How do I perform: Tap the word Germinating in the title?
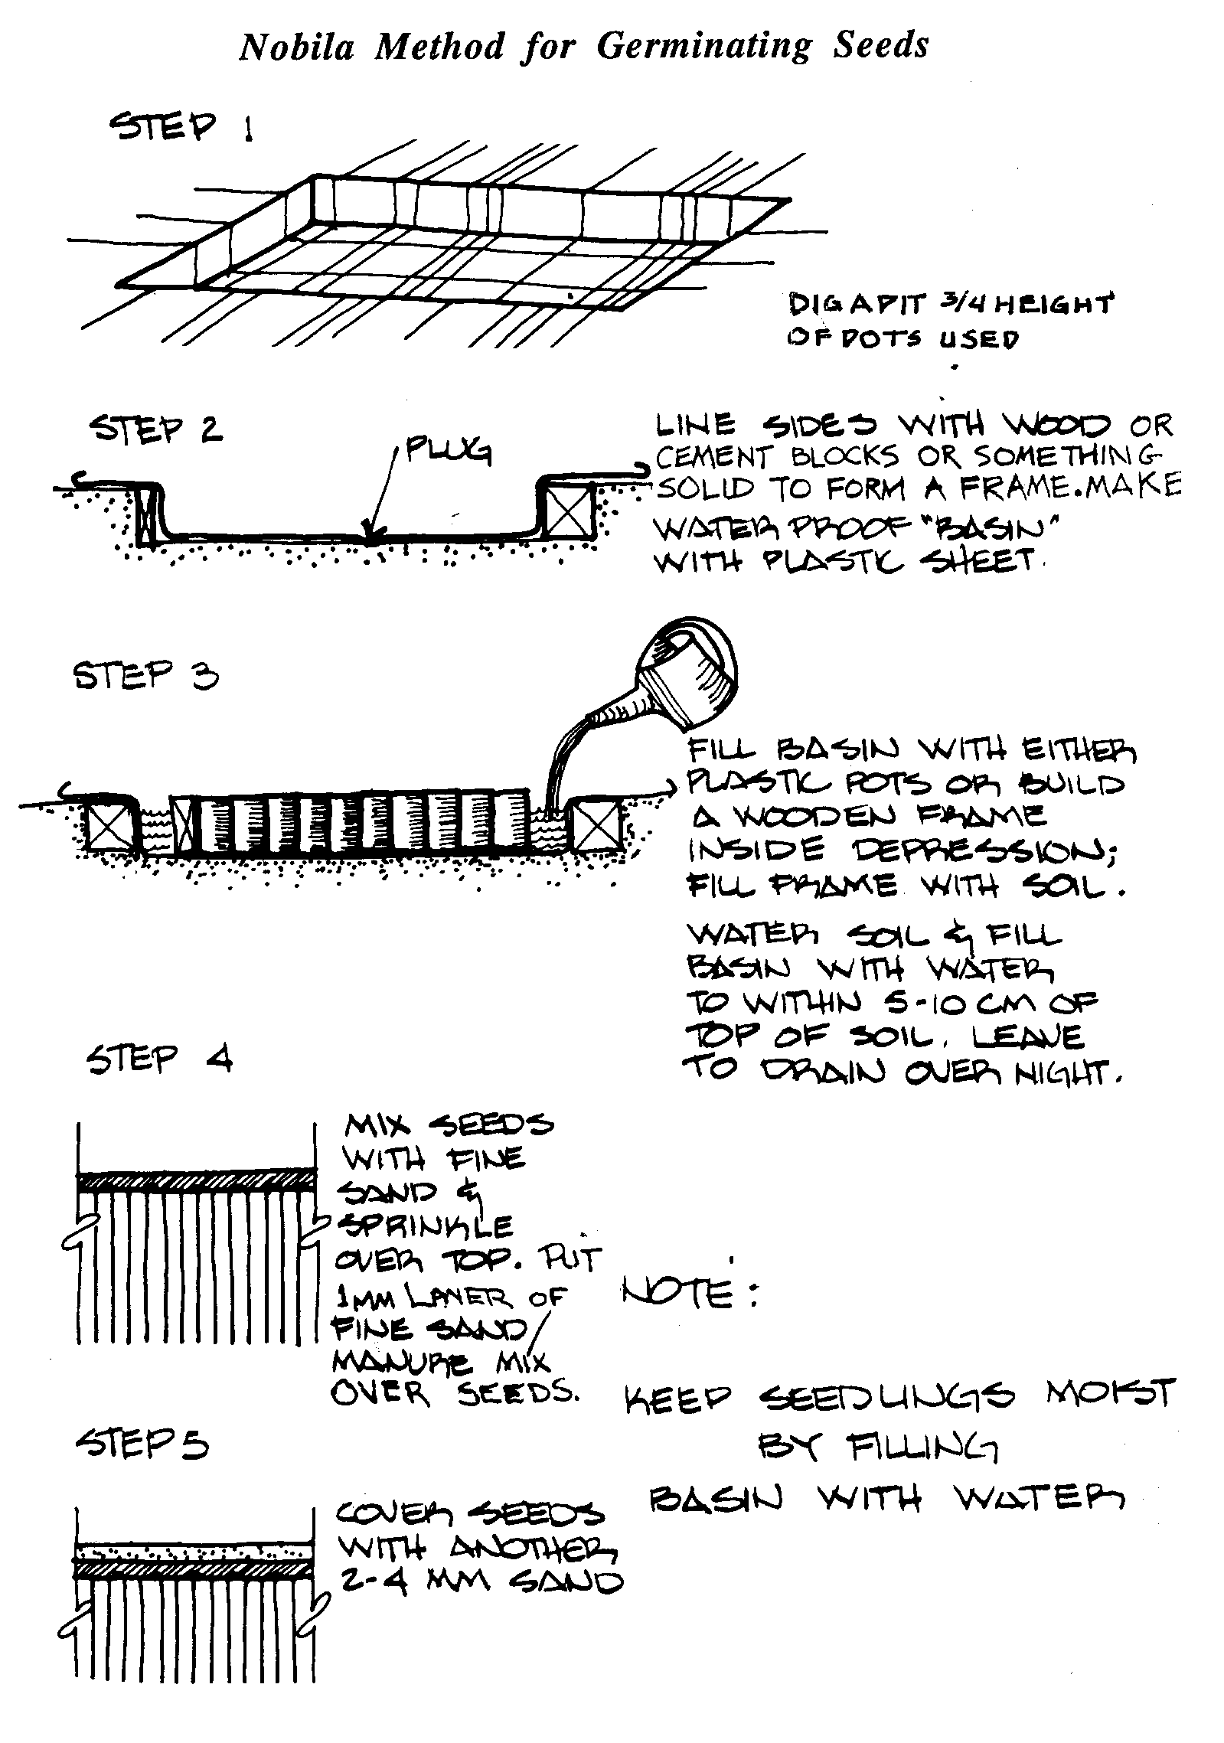703,47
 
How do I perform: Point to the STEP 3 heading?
145,676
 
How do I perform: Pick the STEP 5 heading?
142,1444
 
